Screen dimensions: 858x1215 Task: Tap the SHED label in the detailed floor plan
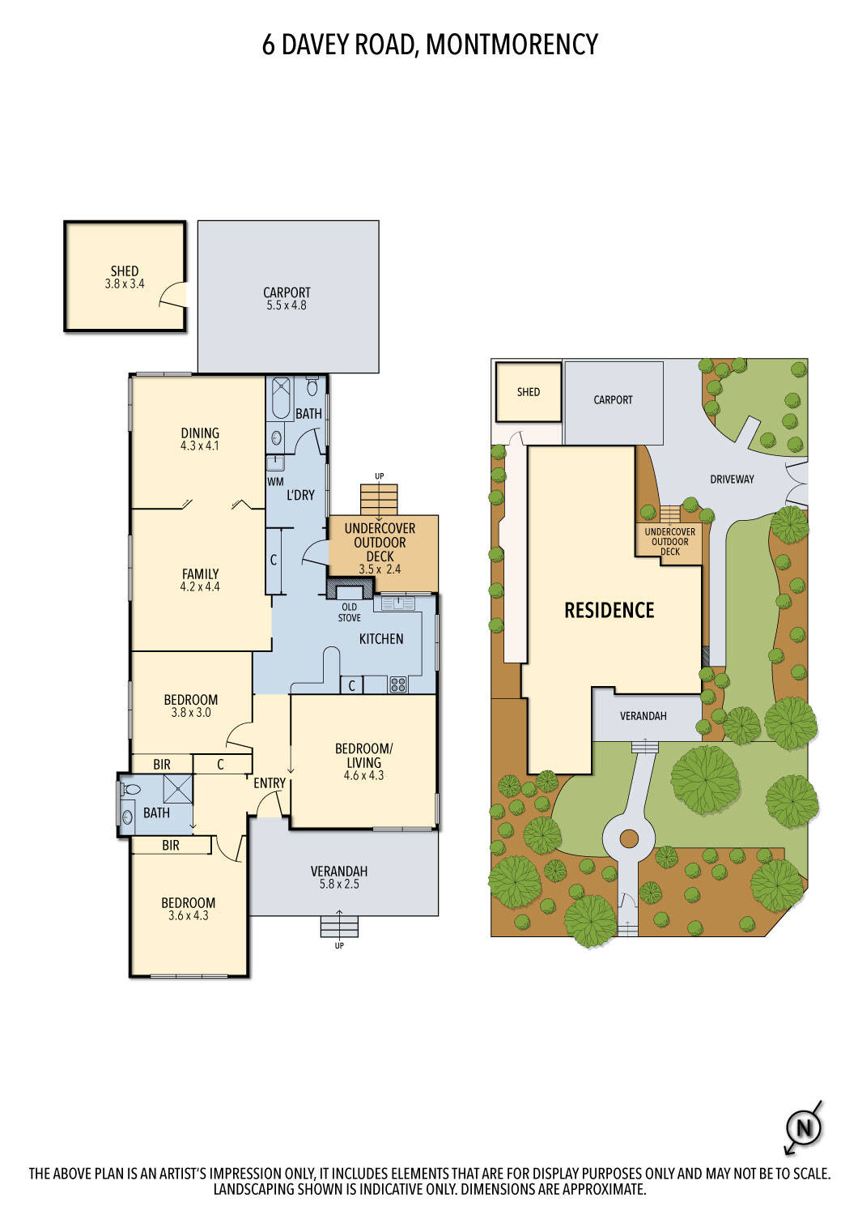(x=125, y=271)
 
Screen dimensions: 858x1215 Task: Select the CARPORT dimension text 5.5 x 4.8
(x=287, y=305)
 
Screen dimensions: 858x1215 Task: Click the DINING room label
(x=200, y=433)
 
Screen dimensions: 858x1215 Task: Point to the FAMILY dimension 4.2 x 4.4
(x=200, y=586)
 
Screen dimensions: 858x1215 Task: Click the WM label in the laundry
(x=275, y=481)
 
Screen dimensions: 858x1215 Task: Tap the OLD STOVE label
(x=349, y=612)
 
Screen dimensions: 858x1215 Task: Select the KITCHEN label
(x=381, y=639)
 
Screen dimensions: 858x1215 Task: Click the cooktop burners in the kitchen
(x=397, y=684)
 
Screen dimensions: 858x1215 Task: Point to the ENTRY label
(x=270, y=783)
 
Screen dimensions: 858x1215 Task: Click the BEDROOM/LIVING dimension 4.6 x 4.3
(x=363, y=776)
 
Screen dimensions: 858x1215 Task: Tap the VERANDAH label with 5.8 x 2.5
(x=339, y=871)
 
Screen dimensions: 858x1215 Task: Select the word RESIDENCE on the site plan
(x=610, y=611)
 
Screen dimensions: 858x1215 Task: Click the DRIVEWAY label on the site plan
(x=732, y=479)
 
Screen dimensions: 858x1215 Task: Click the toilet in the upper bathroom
(x=312, y=386)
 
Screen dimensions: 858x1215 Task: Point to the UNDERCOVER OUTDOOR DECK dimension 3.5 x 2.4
(x=380, y=569)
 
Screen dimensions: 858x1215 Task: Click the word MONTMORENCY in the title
(x=512, y=45)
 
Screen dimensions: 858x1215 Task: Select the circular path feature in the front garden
(x=629, y=839)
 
